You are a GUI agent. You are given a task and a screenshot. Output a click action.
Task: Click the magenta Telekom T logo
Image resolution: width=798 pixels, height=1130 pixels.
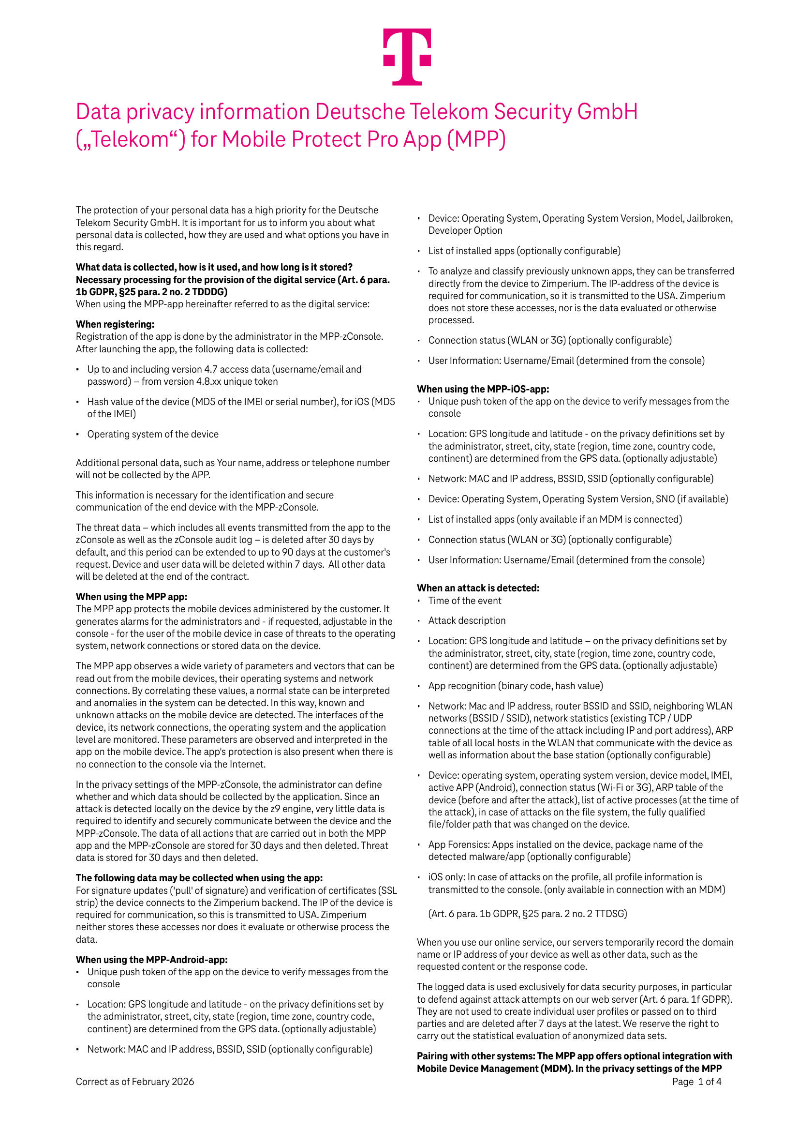407,56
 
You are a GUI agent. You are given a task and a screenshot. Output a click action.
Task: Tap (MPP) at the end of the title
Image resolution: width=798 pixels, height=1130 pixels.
476,140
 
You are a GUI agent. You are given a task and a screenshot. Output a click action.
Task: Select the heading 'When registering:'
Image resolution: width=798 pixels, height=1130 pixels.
115,324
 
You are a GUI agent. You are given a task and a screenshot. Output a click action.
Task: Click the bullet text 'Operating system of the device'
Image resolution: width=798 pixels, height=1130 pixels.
153,434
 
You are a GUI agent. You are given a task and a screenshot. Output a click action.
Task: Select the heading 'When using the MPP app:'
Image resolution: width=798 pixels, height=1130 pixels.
132,597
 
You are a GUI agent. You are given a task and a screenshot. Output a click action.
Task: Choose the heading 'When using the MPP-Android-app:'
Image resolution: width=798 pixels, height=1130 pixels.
151,959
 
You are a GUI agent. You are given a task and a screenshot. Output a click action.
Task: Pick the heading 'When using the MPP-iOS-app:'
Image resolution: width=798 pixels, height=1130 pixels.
483,389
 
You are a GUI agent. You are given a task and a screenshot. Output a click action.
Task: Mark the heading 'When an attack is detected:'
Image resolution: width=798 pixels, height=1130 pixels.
478,588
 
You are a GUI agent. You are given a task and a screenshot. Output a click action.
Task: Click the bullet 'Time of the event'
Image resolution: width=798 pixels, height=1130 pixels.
465,601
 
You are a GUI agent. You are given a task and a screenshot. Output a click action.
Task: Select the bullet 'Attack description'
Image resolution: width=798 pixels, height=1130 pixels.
467,620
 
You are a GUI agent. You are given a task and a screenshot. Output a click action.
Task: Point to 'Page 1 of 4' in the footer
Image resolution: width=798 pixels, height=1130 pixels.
696,1081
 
